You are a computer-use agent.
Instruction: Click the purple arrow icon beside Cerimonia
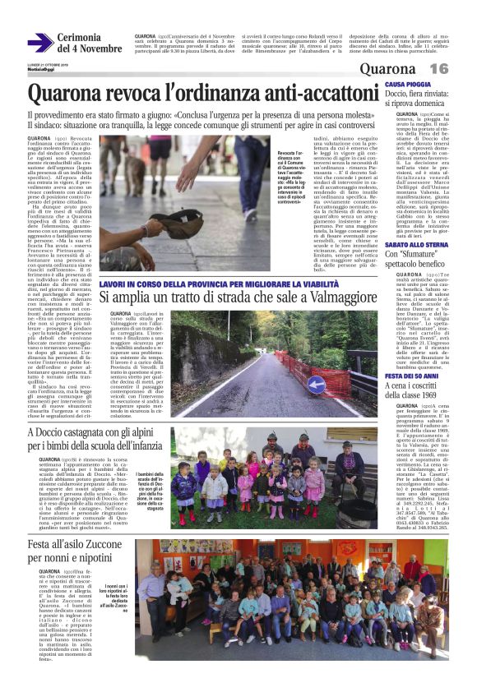[39, 44]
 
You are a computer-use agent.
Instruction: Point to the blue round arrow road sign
[315, 382]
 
